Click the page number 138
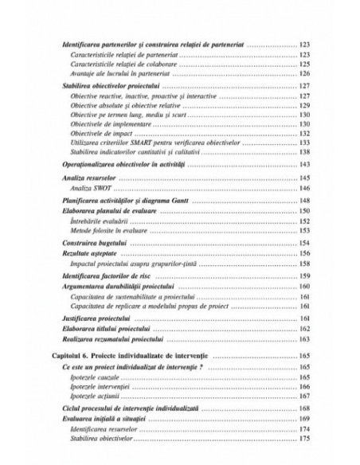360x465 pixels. click(x=304, y=151)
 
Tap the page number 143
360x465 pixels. click(x=304, y=163)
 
